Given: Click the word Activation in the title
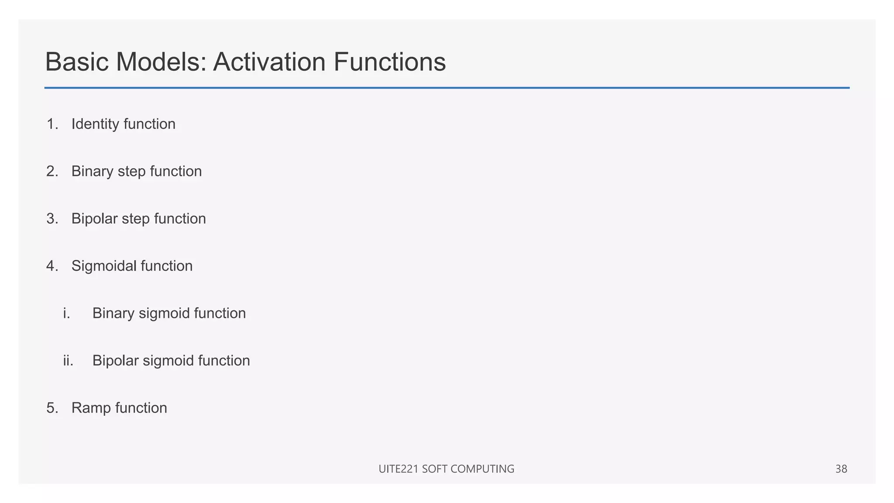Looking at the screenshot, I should [x=270, y=62].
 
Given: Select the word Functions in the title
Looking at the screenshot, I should [x=389, y=62].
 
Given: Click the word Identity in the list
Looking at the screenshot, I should [x=95, y=124].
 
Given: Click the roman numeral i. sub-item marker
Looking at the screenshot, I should [x=66, y=314].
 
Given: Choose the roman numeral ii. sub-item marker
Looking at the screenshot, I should [x=68, y=361].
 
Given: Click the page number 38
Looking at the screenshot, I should [x=841, y=469].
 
